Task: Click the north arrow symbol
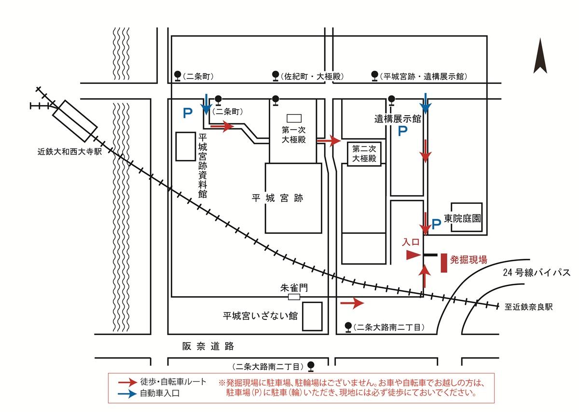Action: tap(540, 57)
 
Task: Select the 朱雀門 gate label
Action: tap(293, 288)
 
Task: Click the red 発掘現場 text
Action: tap(469, 260)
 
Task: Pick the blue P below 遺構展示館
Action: tap(402, 131)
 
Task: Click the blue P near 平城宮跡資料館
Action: tap(187, 113)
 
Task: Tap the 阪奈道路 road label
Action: tap(208, 346)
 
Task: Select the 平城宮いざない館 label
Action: tap(260, 316)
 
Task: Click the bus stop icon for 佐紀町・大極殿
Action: tap(276, 76)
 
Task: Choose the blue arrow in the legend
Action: tap(127, 393)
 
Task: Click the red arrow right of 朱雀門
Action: tap(351, 303)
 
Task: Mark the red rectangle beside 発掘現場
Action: tap(443, 263)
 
